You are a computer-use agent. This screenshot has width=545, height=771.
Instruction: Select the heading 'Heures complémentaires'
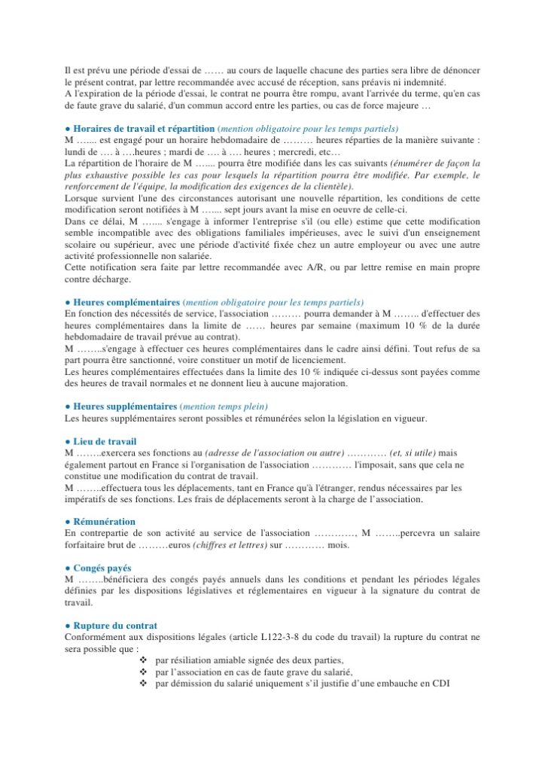tap(125, 302)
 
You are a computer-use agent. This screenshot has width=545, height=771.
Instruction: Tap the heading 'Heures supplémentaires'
tap(125, 407)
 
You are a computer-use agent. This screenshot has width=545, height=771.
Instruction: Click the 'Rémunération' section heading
tap(104, 522)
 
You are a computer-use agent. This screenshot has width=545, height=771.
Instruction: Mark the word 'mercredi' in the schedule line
tap(297, 152)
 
